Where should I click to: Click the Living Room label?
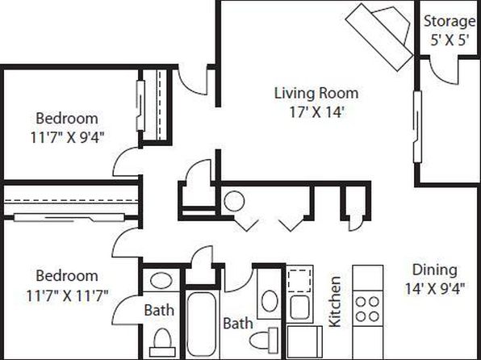pos(316,93)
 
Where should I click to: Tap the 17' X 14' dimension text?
pos(316,112)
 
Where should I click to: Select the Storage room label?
pos(450,22)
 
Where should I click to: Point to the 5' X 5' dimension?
pos(450,40)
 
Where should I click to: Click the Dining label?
pos(435,270)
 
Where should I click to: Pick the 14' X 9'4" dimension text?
pos(435,288)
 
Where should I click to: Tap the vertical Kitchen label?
pos(335,302)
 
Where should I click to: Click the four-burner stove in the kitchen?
pos(367,308)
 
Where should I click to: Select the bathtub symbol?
pos(201,324)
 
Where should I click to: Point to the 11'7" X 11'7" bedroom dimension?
pos(67,296)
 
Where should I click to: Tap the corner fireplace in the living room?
pos(380,36)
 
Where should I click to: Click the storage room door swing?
pos(444,71)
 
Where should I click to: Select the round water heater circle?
pos(234,201)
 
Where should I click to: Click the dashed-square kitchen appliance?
pos(299,281)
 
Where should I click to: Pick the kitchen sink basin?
pos(299,308)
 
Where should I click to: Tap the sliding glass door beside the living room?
pos(417,127)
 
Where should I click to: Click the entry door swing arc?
pos(193,82)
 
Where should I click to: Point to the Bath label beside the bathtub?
pos(238,324)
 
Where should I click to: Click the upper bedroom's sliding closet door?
pos(140,106)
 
